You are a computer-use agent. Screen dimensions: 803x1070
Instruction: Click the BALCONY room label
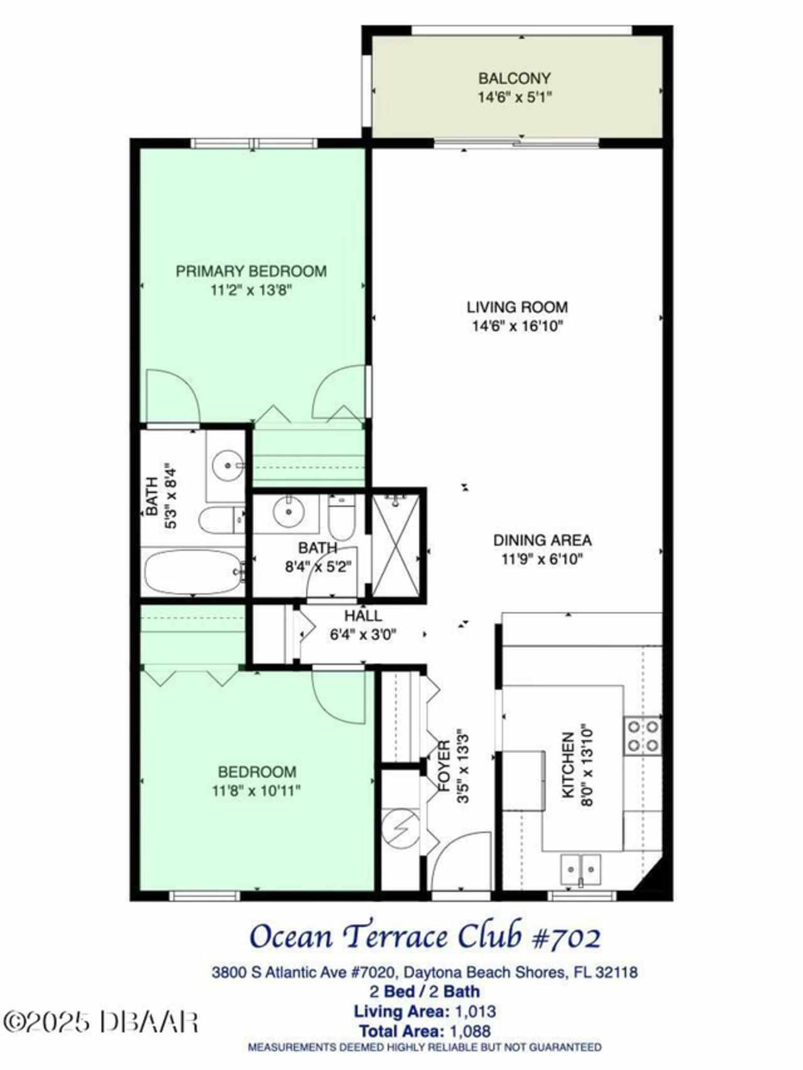[514, 78]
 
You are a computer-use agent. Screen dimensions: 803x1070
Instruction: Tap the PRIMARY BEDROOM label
[251, 271]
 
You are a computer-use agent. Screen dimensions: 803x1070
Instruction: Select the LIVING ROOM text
[518, 307]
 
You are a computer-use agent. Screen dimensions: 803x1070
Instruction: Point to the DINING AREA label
[542, 540]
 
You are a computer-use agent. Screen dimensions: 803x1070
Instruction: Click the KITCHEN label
[568, 765]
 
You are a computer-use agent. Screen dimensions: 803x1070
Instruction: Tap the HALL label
[363, 616]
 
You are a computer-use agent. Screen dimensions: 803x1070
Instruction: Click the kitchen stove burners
[643, 736]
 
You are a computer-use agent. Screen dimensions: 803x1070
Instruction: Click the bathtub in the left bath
[194, 571]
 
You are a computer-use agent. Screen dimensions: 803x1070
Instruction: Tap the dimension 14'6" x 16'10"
[518, 326]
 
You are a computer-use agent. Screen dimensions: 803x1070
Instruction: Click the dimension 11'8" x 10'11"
[257, 791]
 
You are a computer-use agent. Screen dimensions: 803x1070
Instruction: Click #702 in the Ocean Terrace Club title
[566, 937]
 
